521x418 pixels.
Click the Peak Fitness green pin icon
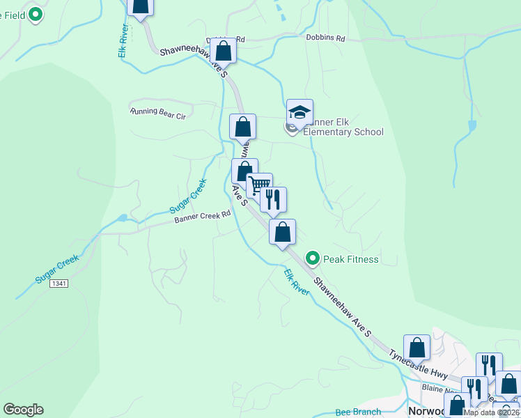(313, 259)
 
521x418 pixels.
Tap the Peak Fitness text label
(350, 260)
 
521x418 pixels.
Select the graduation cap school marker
(300, 113)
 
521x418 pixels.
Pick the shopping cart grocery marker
(259, 185)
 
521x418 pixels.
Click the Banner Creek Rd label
(202, 217)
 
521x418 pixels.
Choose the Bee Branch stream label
(358, 412)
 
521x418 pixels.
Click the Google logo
(23, 410)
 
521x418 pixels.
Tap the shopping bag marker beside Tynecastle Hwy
(417, 348)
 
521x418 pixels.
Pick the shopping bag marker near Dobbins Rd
(223, 51)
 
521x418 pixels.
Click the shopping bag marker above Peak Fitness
(282, 232)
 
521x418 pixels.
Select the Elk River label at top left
(123, 41)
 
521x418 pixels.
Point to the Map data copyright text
(491, 412)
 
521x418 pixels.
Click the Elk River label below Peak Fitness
(297, 281)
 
